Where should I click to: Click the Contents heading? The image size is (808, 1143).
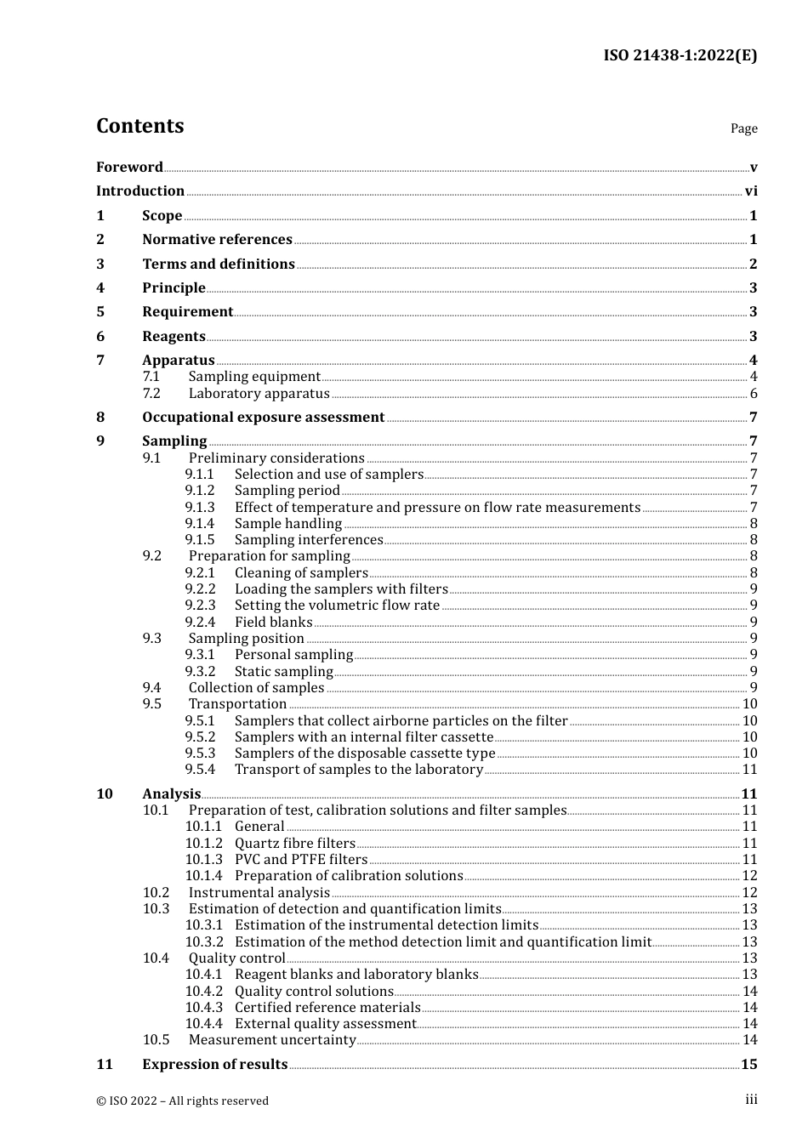pyautogui.click(x=139, y=126)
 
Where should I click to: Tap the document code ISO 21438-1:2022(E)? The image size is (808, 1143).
pyautogui.click(x=680, y=55)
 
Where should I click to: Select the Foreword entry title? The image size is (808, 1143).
pyautogui.click(x=129, y=168)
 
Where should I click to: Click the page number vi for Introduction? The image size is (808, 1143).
pyautogui.click(x=751, y=191)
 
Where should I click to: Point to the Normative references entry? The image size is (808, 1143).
pyautogui.click(x=217, y=240)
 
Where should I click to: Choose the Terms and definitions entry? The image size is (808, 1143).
pyautogui.click(x=218, y=264)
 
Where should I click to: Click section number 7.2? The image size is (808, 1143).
pyautogui.click(x=151, y=394)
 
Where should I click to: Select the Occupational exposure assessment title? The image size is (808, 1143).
pyautogui.click(x=263, y=418)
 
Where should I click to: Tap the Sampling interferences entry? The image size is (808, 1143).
pyautogui.click(x=309, y=540)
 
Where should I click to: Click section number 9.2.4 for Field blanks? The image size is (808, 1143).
pyautogui.click(x=200, y=623)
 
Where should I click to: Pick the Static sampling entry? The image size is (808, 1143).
pyautogui.click(x=283, y=672)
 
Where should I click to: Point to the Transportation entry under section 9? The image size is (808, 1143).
pyautogui.click(x=237, y=704)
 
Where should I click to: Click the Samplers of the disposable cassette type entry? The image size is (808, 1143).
pyautogui.click(x=364, y=753)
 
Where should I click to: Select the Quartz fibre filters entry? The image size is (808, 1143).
pyautogui.click(x=294, y=844)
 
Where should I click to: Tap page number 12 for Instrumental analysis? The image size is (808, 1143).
pyautogui.click(x=749, y=893)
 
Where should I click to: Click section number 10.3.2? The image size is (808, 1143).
pyautogui.click(x=204, y=942)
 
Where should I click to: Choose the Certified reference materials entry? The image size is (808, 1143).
pyautogui.click(x=327, y=1008)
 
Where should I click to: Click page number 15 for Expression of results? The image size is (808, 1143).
pyautogui.click(x=748, y=1065)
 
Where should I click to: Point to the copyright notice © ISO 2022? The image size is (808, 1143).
pyautogui.click(x=182, y=1101)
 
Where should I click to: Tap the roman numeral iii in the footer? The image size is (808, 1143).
pyautogui.click(x=751, y=1100)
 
